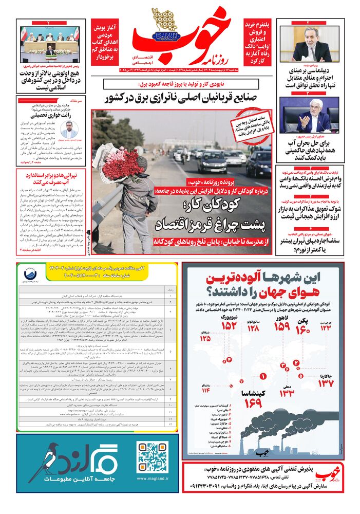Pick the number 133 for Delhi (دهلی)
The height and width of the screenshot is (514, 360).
pyautogui.click(x=287, y=393)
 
